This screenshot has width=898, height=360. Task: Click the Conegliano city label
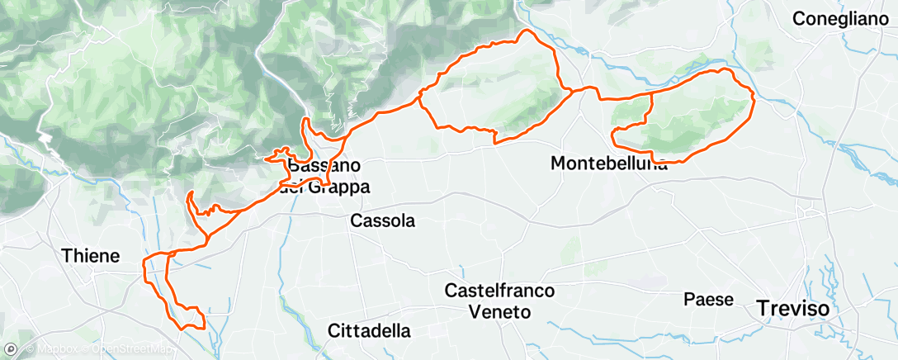click(x=843, y=17)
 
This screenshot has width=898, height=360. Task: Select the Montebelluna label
click(x=608, y=164)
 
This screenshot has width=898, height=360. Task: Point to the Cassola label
click(x=382, y=221)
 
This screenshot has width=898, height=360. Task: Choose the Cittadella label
click(x=369, y=331)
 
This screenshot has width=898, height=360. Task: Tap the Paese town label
click(x=708, y=299)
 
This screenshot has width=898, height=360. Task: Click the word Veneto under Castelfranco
click(x=499, y=312)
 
